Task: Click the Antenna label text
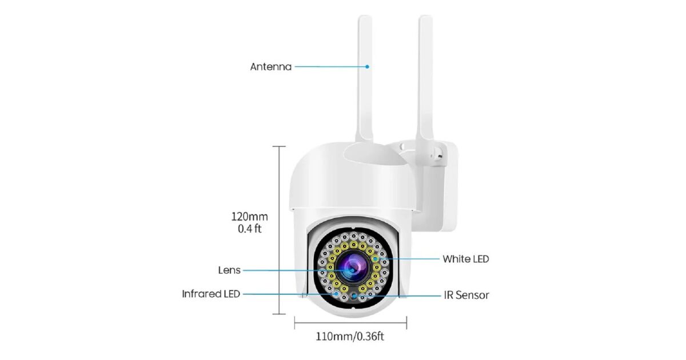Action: (271, 67)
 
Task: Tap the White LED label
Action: (466, 259)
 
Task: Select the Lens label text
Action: (229, 270)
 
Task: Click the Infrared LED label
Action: (211, 294)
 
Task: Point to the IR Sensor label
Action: (466, 295)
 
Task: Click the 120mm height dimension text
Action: (250, 217)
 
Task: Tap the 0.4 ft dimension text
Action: (250, 229)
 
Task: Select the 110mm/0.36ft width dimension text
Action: (350, 337)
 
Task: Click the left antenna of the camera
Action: (365, 79)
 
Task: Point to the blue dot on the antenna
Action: (367, 66)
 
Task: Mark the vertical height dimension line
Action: (279, 230)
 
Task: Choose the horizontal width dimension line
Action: (350, 323)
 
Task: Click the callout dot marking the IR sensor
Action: (354, 296)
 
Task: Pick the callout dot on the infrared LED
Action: (337, 294)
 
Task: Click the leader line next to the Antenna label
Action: (331, 66)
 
